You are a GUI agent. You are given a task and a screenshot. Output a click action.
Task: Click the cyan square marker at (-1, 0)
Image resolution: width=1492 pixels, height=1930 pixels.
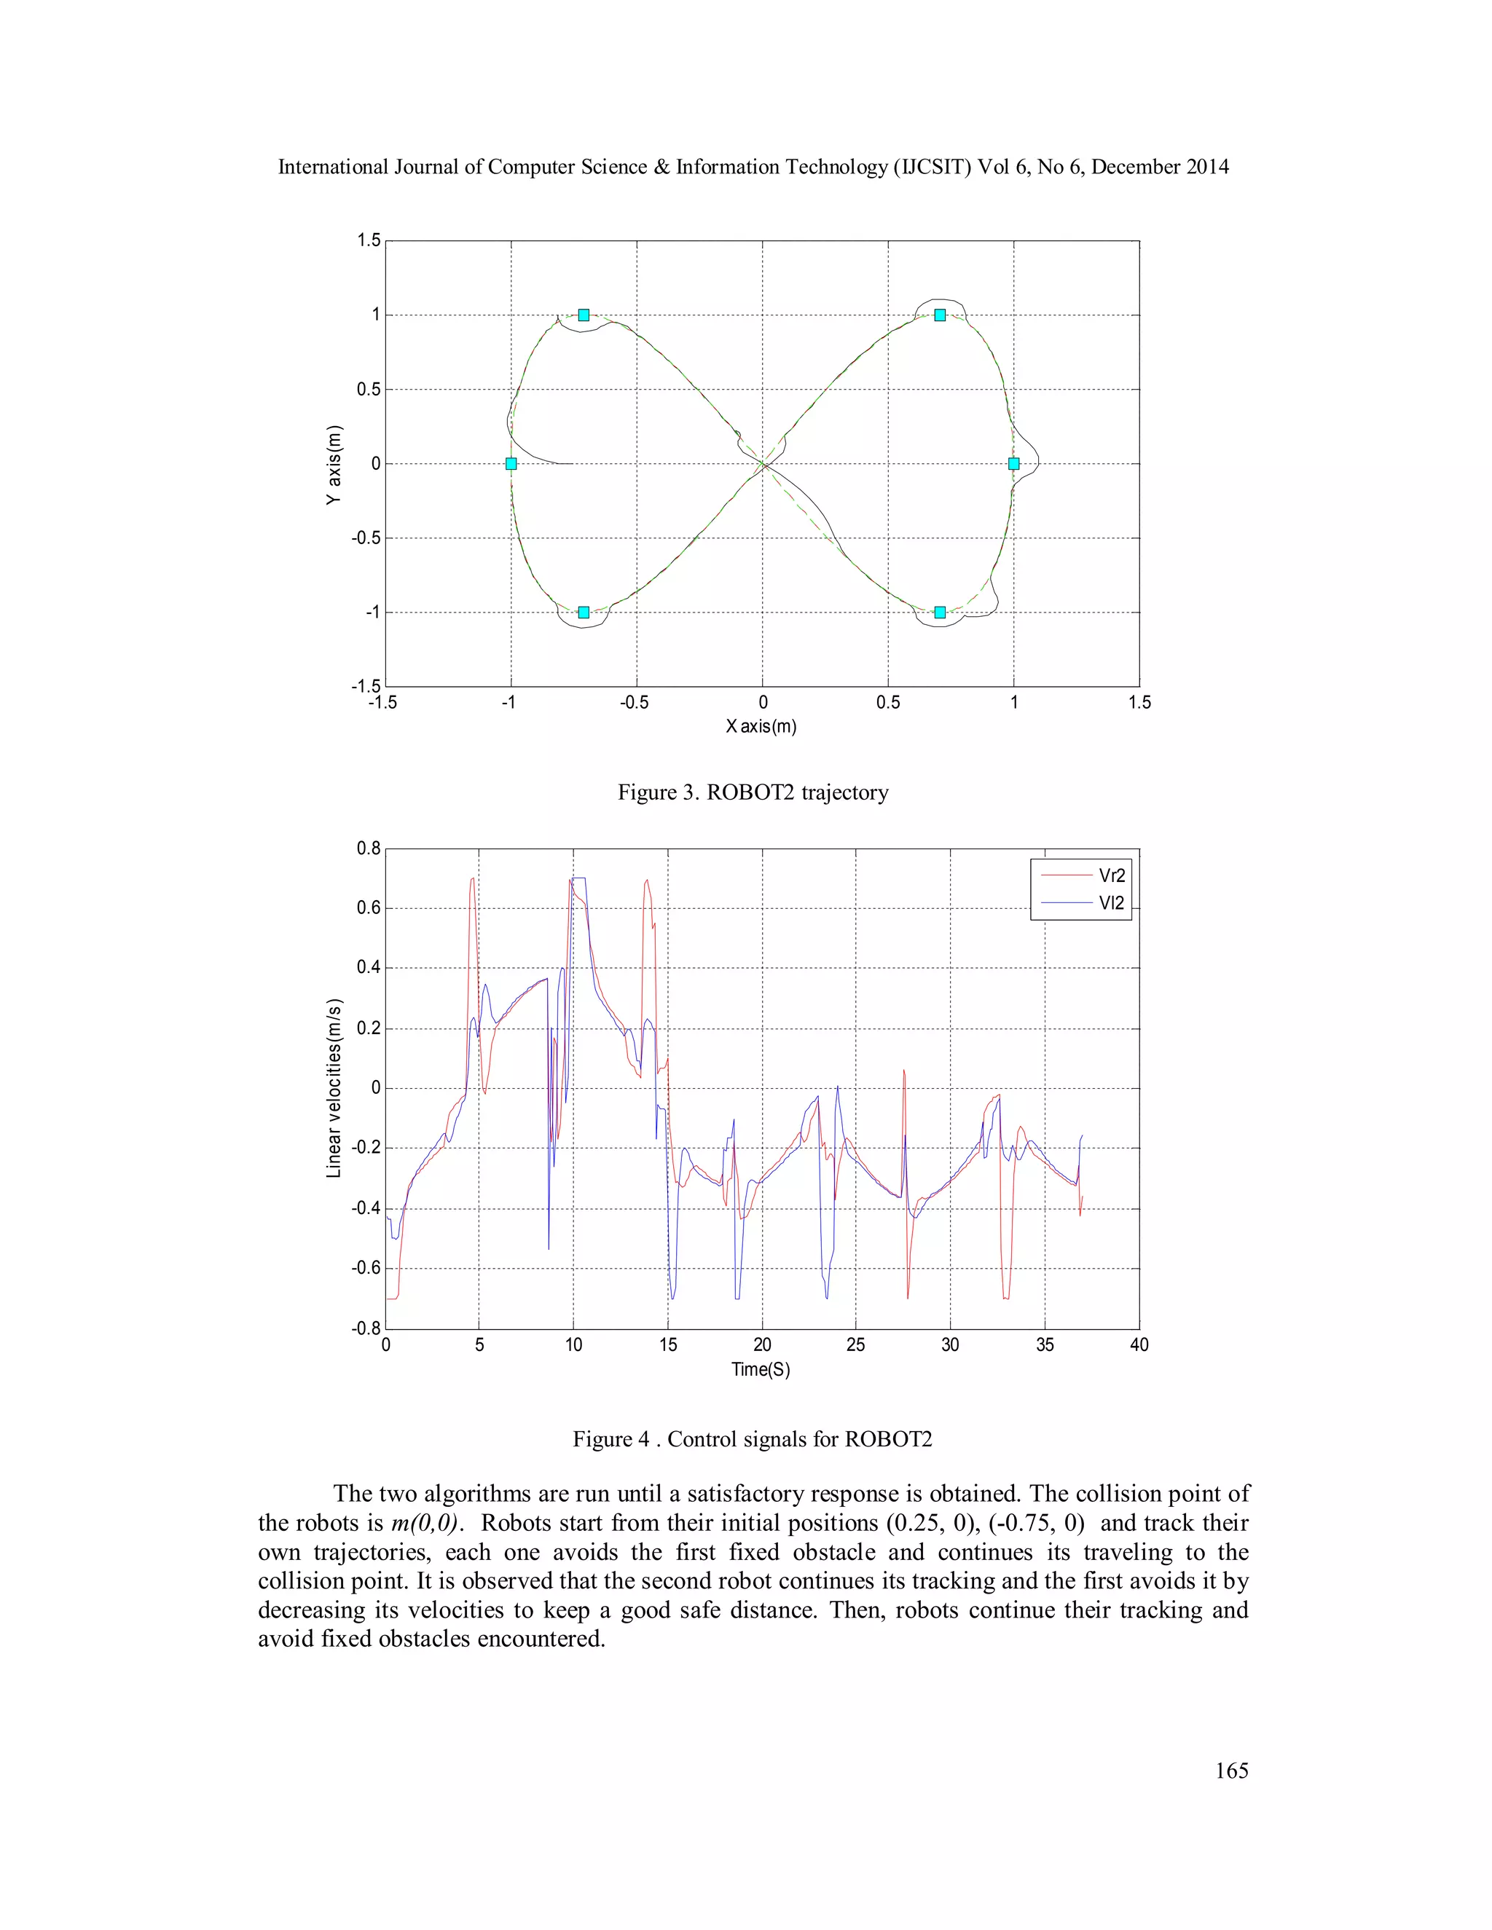511,463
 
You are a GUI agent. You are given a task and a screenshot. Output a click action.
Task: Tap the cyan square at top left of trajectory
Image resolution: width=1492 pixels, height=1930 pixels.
584,315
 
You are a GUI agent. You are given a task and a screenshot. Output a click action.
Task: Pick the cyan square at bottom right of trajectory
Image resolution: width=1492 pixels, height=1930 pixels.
940,613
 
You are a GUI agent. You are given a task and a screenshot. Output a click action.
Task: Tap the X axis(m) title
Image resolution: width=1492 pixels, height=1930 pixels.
761,726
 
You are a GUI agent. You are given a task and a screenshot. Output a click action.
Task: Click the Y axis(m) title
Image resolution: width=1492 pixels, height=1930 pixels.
333,465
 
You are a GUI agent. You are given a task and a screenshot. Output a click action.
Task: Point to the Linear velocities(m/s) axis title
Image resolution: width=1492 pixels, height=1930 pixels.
333,1088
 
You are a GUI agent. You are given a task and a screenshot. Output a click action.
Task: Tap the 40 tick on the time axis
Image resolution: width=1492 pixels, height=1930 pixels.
1139,1344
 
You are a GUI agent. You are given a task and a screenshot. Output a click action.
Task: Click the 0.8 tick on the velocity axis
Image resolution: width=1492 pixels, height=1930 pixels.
369,848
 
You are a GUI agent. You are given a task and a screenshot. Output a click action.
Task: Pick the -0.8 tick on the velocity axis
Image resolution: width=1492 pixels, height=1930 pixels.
366,1328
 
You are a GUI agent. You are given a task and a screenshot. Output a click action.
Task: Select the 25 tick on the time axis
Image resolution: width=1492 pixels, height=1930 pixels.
855,1344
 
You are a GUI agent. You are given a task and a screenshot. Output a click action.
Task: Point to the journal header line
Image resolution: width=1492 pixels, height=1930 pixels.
753,167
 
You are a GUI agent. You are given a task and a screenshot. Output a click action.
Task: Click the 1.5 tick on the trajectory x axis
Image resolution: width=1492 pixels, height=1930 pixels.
1139,703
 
